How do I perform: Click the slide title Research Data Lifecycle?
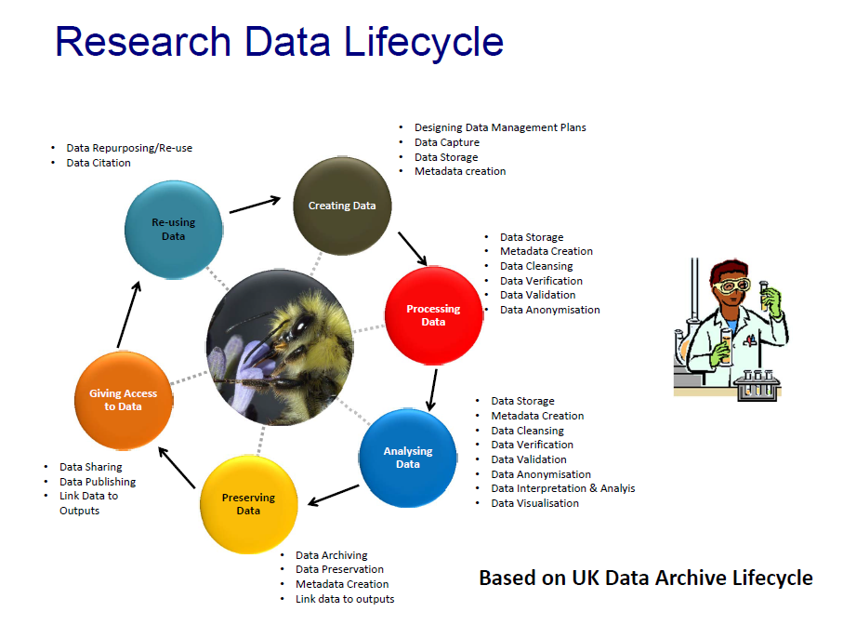pyautogui.click(x=279, y=42)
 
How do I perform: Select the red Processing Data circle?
pyautogui.click(x=433, y=314)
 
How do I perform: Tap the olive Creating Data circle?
pyautogui.click(x=342, y=206)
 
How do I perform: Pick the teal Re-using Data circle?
pyautogui.click(x=174, y=229)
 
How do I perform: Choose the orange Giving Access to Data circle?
pyautogui.click(x=123, y=400)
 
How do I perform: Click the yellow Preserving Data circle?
pyautogui.click(x=248, y=503)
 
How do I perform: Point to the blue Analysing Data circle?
pyautogui.click(x=408, y=457)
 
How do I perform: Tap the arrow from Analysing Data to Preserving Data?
pyautogui.click(x=334, y=495)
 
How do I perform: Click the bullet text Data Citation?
pyautogui.click(x=99, y=163)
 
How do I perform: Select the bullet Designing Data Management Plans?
pyautogui.click(x=500, y=127)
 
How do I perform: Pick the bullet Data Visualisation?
pyautogui.click(x=534, y=503)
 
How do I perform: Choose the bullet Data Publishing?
pyautogui.click(x=98, y=482)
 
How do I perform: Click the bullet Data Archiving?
pyautogui.click(x=331, y=555)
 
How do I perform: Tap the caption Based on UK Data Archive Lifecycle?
pyautogui.click(x=645, y=578)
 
